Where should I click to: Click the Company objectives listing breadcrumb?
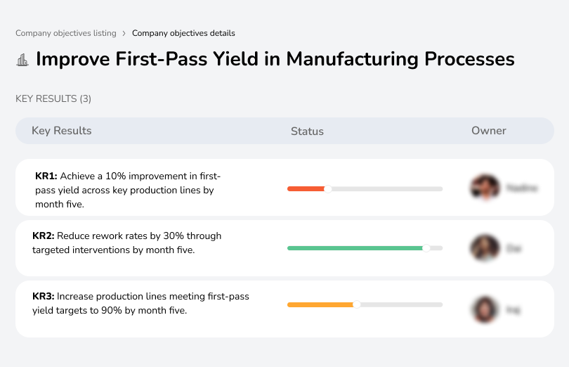pyautogui.click(x=65, y=33)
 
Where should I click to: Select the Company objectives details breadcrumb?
pyautogui.click(x=183, y=33)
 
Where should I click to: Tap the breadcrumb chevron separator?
pyautogui.click(x=124, y=33)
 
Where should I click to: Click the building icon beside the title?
pyautogui.click(x=22, y=60)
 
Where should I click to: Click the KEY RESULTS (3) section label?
pyautogui.click(x=53, y=99)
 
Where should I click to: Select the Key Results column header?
pyautogui.click(x=61, y=131)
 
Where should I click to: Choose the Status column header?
pyautogui.click(x=307, y=131)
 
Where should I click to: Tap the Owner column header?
pyautogui.click(x=488, y=131)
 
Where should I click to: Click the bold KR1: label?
pyautogui.click(x=46, y=176)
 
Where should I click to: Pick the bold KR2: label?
pyautogui.click(x=44, y=236)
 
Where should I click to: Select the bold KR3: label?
pyautogui.click(x=44, y=297)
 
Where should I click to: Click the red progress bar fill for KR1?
pyautogui.click(x=306, y=188)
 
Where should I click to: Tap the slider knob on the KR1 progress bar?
pyautogui.click(x=327, y=188)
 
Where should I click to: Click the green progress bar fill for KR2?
pyautogui.click(x=355, y=248)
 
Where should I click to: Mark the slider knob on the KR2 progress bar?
pyautogui.click(x=426, y=248)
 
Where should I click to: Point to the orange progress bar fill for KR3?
pyautogui.click(x=320, y=304)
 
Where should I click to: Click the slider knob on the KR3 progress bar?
pyautogui.click(x=356, y=304)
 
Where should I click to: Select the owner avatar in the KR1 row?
pyautogui.click(x=485, y=188)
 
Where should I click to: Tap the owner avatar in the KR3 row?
pyautogui.click(x=485, y=309)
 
